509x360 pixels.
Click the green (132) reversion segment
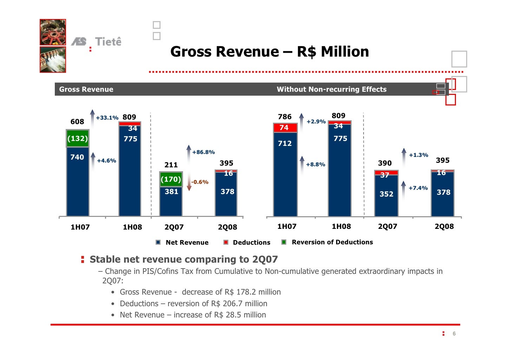tap(77, 138)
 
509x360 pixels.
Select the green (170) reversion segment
tap(171, 179)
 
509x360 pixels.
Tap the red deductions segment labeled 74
tap(285, 128)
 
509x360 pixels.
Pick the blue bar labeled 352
tap(386, 195)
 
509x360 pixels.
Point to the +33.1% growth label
tap(107, 118)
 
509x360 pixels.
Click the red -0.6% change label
tap(200, 182)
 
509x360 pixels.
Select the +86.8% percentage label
tap(203, 152)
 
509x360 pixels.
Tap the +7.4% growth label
tap(418, 188)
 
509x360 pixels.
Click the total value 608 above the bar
tap(77, 122)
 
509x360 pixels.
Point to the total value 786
tap(285, 117)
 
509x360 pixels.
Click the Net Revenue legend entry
tap(187, 242)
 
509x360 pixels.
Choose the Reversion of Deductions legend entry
tap(332, 242)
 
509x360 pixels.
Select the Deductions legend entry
tap(251, 242)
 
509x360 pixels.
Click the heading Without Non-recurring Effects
tap(331, 89)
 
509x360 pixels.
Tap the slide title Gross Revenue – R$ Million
tap(269, 52)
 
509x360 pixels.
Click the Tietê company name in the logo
tap(108, 42)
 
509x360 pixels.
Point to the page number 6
tap(454, 334)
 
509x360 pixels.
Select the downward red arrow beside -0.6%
tap(189, 184)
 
